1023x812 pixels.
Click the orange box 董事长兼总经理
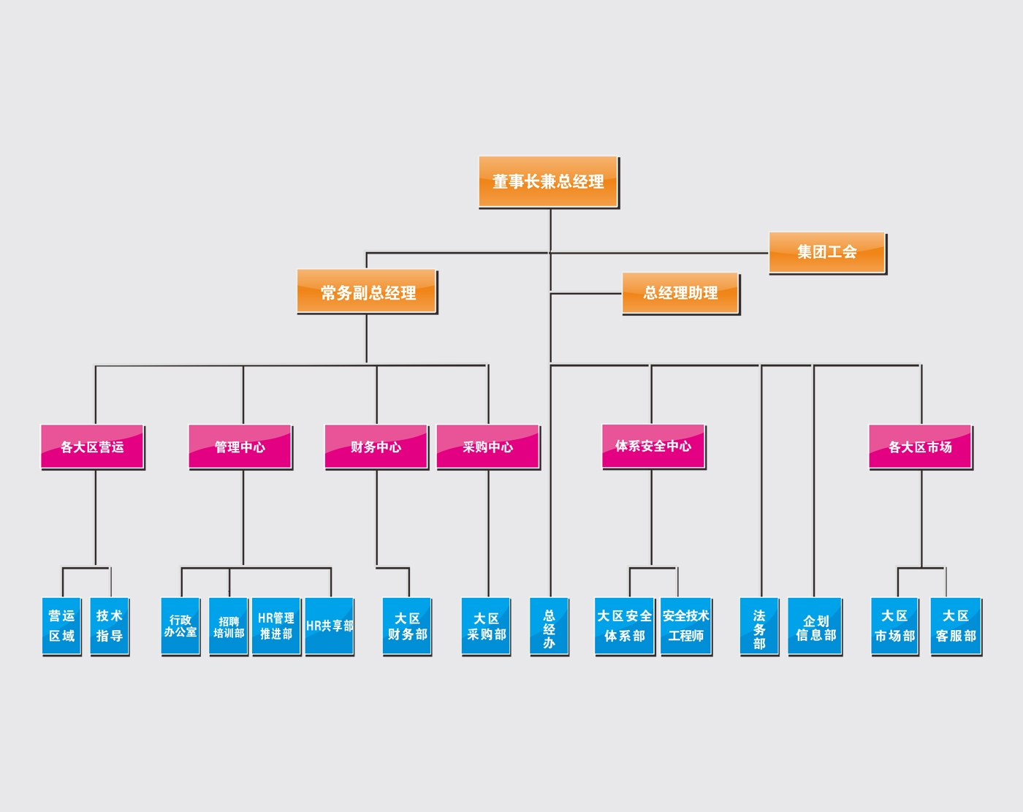[x=548, y=181]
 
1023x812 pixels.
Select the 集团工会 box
[x=826, y=252]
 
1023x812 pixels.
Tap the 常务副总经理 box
[x=367, y=292]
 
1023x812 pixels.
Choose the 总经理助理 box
[x=680, y=293]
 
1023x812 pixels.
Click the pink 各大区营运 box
[x=92, y=447]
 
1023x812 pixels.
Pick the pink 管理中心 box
[x=240, y=447]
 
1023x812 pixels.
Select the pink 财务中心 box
[x=376, y=447]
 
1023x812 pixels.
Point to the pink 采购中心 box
[x=487, y=447]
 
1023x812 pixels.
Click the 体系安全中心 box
[x=653, y=446]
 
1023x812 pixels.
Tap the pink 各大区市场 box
[x=920, y=447]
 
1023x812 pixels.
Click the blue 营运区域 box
[x=61, y=626]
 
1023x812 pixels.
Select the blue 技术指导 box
[x=110, y=626]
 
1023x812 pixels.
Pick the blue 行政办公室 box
[x=180, y=626]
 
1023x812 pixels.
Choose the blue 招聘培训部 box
[x=229, y=626]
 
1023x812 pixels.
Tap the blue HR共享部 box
[x=329, y=626]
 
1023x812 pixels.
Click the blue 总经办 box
[x=549, y=627]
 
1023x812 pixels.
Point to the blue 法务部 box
[x=759, y=627]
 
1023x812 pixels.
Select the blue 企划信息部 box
[x=815, y=627]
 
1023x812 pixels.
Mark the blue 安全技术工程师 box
[x=686, y=626]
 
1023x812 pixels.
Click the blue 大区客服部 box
[x=956, y=626]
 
